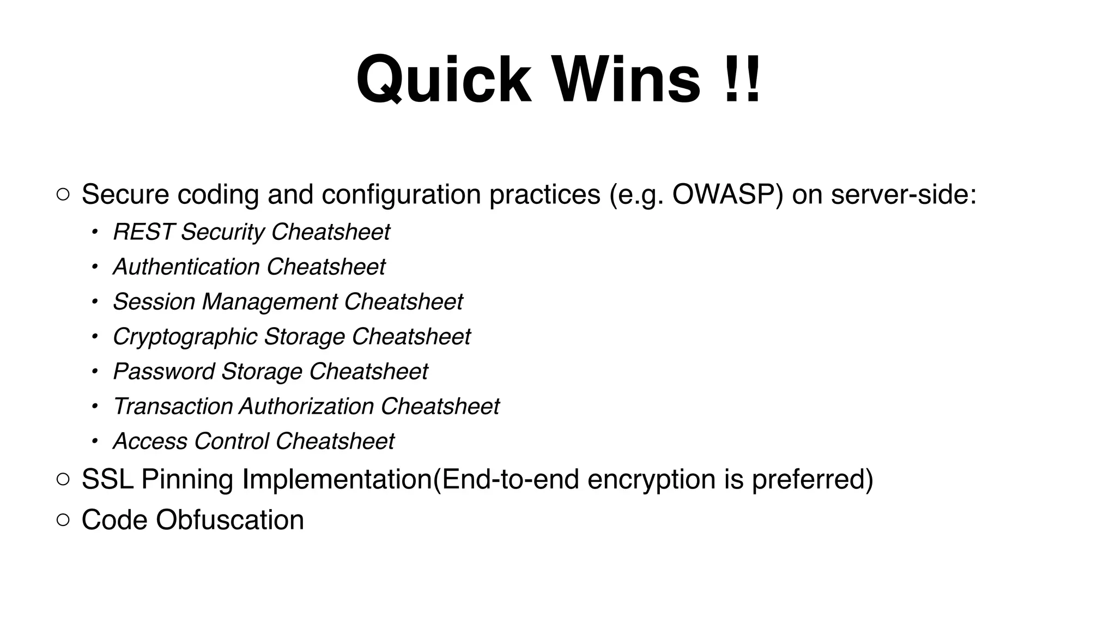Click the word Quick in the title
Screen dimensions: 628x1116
(444, 80)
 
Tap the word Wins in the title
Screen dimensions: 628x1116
(627, 80)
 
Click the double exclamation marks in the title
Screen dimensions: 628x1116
(742, 80)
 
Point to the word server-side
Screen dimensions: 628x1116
(903, 195)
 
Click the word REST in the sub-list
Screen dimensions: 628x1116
(143, 232)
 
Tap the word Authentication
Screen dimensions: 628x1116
(186, 267)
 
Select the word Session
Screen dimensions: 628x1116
(154, 302)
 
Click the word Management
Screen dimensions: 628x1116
(269, 302)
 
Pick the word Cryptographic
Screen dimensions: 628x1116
(185, 337)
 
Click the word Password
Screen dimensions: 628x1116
(163, 372)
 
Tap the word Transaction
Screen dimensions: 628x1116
(172, 407)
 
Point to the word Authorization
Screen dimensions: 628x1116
(306, 407)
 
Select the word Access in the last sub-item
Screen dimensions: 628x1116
(150, 442)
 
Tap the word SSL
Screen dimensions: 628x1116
(107, 480)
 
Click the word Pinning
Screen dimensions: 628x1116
(187, 480)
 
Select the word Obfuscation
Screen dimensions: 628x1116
(229, 520)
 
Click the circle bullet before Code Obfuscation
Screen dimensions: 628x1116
(63, 520)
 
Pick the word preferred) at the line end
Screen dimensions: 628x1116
(812, 480)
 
